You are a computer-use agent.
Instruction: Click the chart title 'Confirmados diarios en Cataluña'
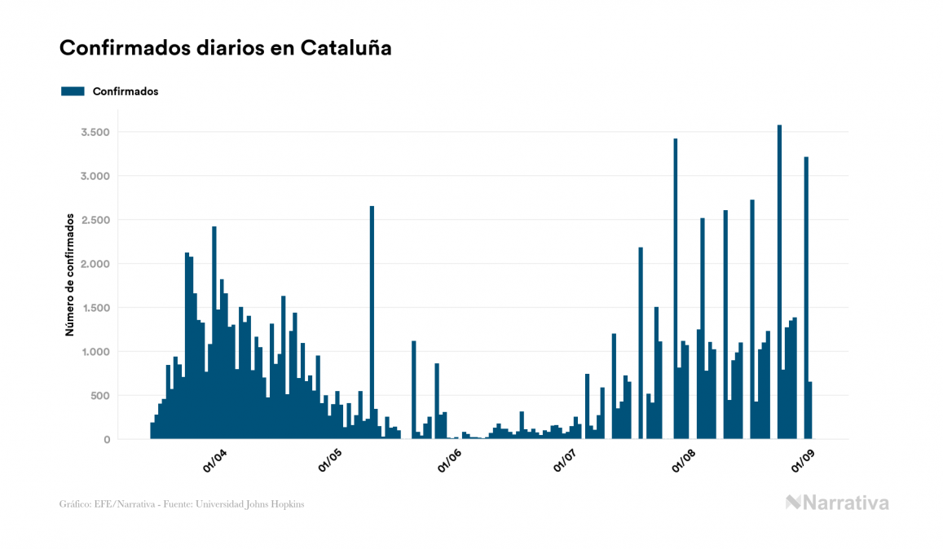226,48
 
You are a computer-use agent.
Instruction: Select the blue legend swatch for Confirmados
73,91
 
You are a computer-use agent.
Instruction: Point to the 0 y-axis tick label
106,440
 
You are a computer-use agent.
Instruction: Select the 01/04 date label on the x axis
215,461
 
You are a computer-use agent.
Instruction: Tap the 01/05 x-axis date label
331,461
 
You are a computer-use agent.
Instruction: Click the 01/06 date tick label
450,461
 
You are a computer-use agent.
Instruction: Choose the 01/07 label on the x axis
565,461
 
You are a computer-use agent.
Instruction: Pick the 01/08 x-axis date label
684,461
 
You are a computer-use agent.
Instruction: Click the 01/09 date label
803,461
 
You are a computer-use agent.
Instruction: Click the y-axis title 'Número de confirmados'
70,275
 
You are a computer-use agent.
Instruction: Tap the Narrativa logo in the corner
837,503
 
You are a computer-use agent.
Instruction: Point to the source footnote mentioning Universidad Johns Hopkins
182,504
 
